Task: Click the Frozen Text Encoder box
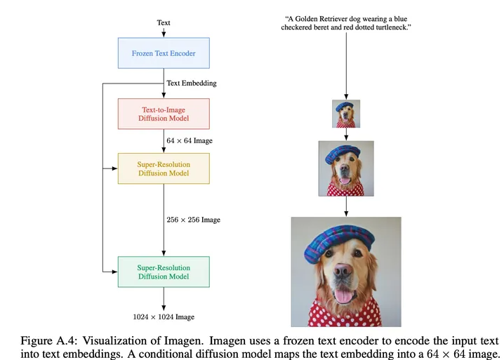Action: click(x=164, y=53)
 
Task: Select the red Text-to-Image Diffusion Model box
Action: click(x=164, y=114)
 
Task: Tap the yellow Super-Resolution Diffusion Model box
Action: click(x=164, y=168)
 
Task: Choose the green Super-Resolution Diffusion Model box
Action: click(x=164, y=271)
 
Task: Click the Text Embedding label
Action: click(x=192, y=83)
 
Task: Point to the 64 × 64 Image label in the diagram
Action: click(x=190, y=141)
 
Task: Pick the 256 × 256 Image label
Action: click(x=193, y=220)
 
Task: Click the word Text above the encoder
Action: click(x=164, y=22)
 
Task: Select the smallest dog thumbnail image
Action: click(x=346, y=114)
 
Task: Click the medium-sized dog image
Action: click(x=346, y=168)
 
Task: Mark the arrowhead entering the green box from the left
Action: click(x=114, y=271)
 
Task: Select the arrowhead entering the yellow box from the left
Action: click(x=114, y=168)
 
